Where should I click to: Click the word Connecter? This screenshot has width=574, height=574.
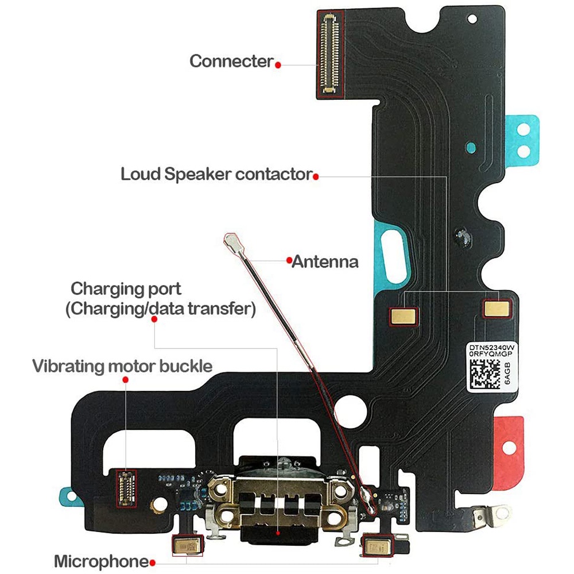[x=231, y=61]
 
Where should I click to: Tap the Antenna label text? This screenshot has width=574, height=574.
[x=325, y=262]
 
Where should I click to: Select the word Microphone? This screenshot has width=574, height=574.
[x=102, y=561]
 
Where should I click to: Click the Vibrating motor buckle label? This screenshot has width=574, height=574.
[x=122, y=366]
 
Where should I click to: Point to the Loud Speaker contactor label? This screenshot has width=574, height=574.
[x=217, y=174]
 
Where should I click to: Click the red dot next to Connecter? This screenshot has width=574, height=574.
[x=278, y=65]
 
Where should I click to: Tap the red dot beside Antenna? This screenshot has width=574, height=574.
[x=289, y=261]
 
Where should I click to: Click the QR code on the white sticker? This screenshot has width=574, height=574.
[x=485, y=374]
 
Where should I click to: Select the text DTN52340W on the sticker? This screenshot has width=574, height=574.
[x=492, y=347]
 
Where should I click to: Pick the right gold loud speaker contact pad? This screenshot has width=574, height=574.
[x=497, y=308]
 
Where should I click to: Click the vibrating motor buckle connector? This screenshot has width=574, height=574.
[x=126, y=488]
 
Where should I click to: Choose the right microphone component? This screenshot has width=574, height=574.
[x=377, y=547]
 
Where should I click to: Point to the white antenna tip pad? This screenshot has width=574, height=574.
[x=232, y=241]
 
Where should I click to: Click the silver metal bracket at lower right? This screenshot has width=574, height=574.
[x=490, y=515]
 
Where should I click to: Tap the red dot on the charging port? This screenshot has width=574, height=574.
[x=278, y=533]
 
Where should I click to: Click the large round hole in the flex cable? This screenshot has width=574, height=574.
[x=350, y=411]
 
